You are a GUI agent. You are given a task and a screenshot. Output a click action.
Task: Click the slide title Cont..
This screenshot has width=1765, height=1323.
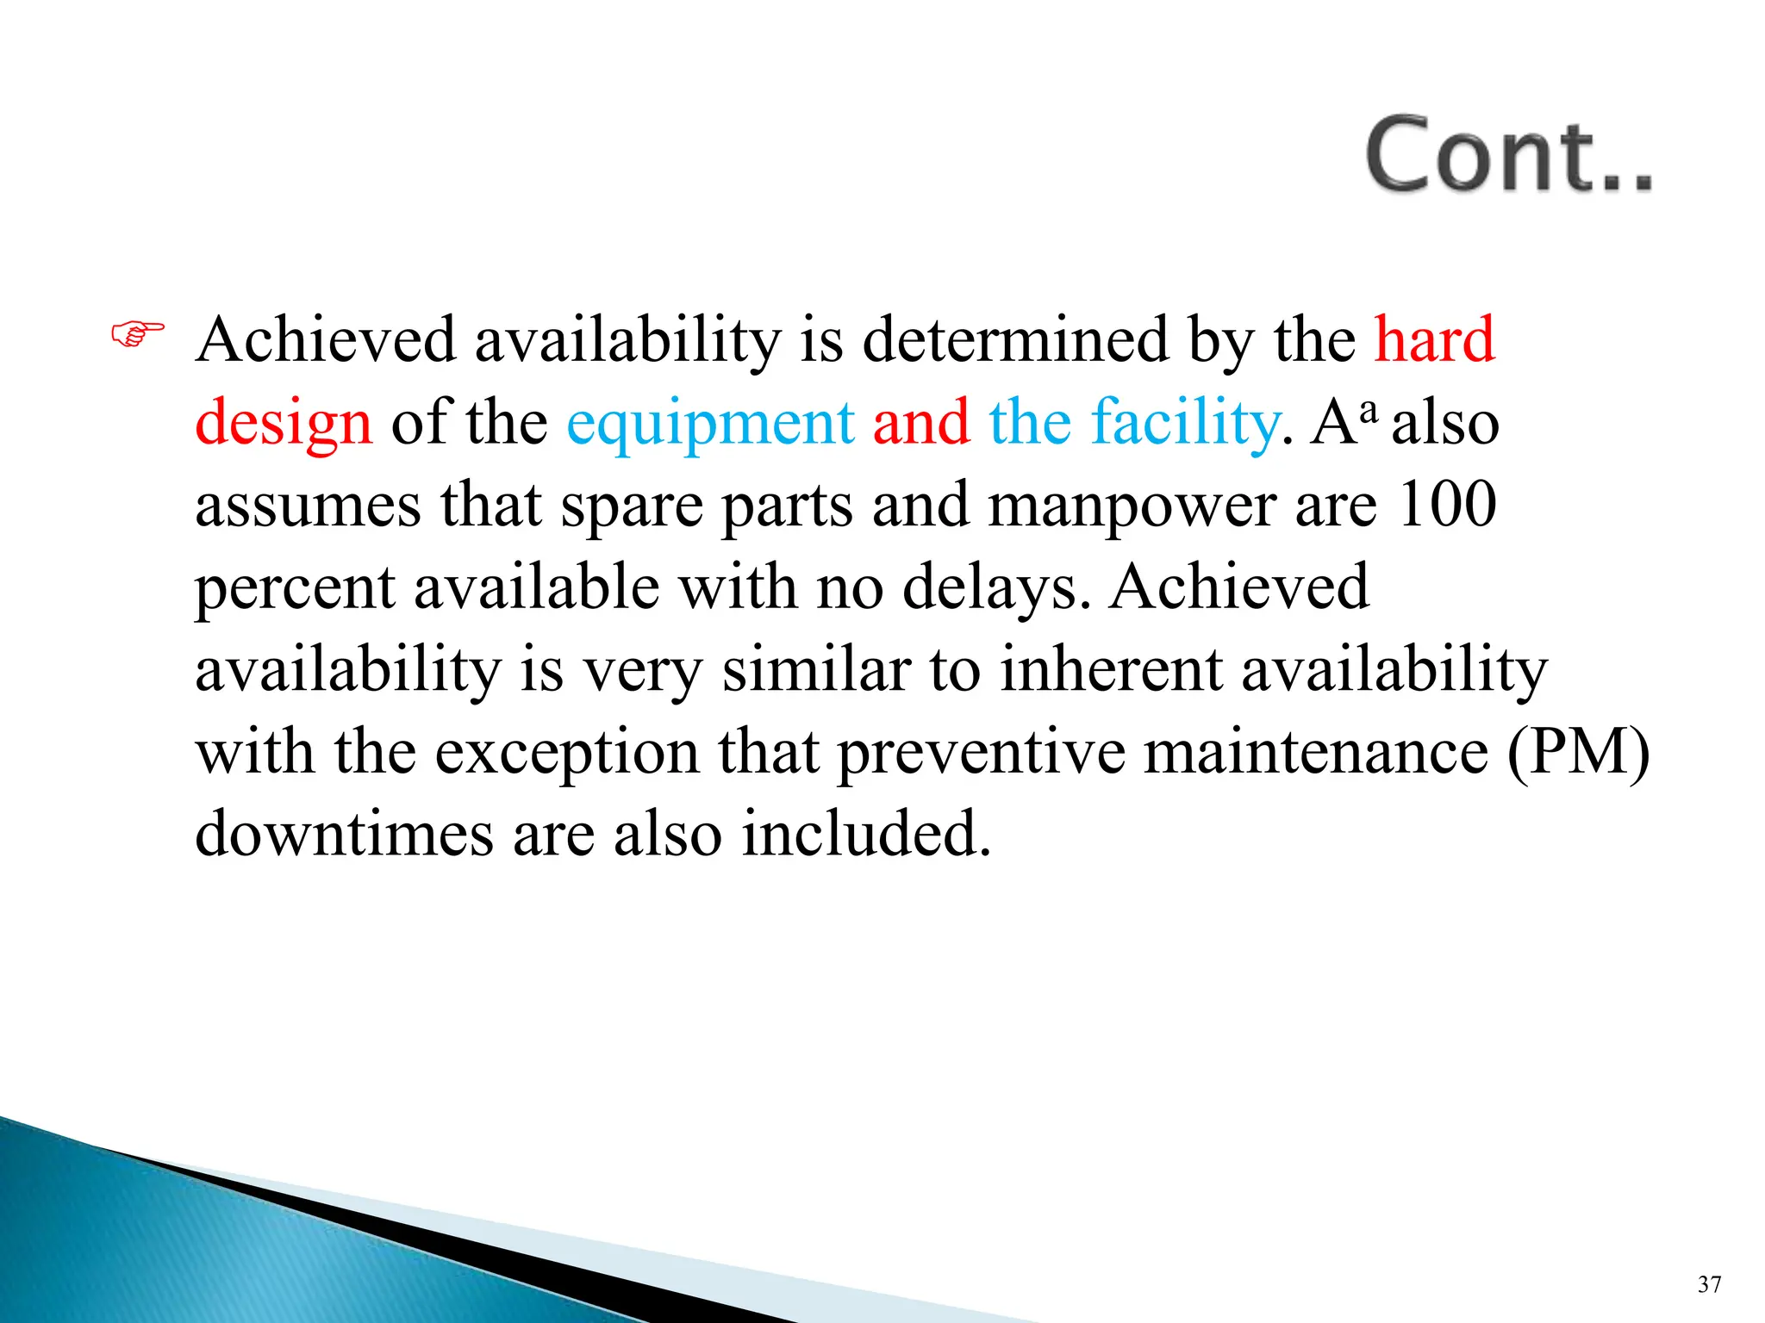point(1508,155)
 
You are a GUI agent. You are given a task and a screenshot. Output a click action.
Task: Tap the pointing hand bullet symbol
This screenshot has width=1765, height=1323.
point(137,333)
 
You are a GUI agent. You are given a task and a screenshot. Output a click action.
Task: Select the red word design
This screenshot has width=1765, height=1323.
point(284,424)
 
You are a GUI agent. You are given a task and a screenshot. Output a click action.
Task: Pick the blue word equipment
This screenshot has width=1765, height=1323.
point(710,424)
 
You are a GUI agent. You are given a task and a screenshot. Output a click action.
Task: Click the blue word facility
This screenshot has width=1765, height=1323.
point(1184,422)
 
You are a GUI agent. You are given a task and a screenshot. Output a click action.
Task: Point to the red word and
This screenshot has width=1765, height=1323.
point(920,422)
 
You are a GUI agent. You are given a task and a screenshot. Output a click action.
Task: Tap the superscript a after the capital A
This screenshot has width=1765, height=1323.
point(1368,405)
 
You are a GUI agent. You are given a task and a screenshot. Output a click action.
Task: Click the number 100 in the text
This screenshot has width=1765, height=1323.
point(1447,504)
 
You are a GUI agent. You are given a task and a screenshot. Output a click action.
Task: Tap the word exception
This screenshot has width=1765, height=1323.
point(566,752)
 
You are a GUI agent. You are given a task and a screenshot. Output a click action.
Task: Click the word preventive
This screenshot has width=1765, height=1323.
point(981,752)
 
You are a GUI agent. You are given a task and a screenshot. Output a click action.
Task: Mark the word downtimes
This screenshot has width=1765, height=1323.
point(344,834)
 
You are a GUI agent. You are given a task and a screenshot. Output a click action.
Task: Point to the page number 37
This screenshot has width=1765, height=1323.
point(1709,1284)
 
